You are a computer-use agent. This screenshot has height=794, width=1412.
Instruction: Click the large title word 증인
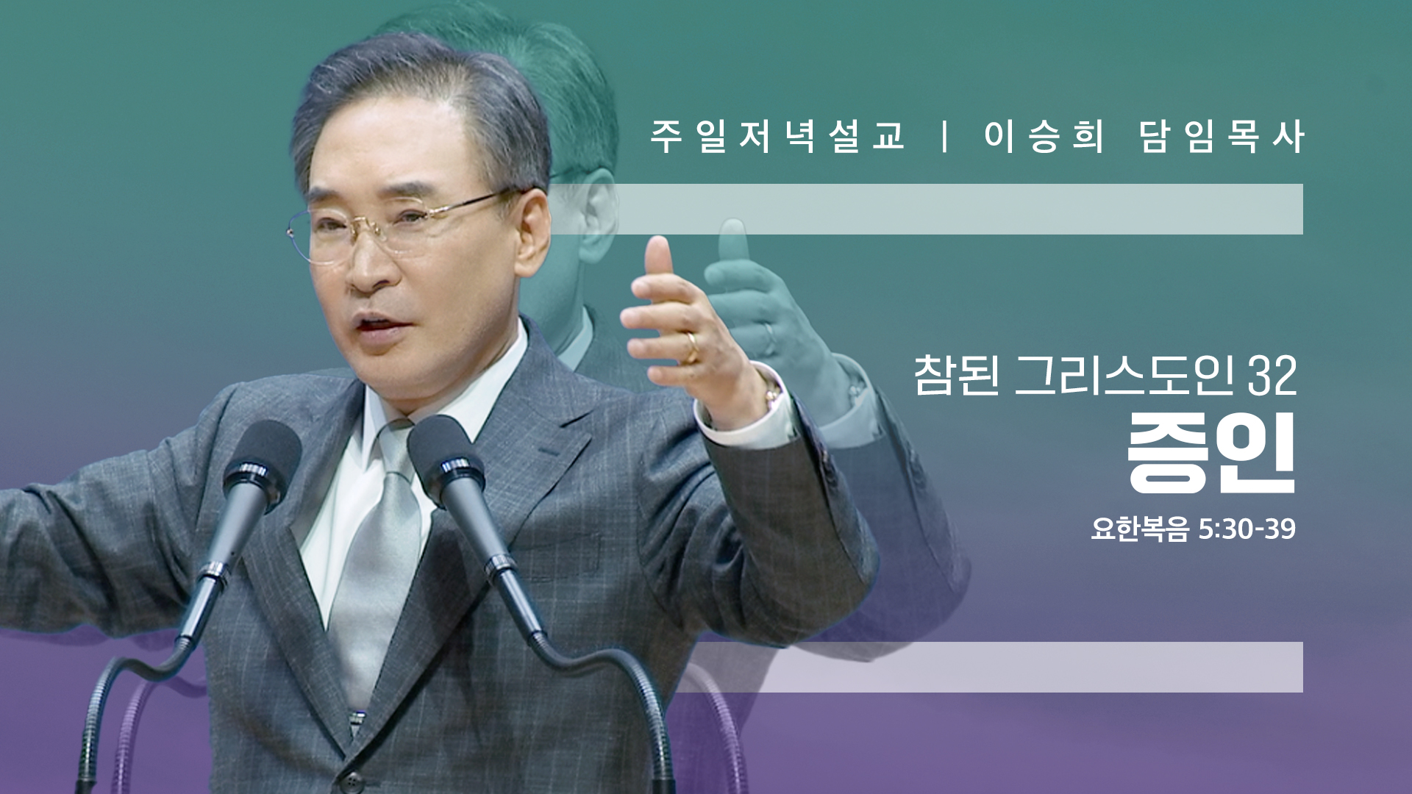click(x=1211, y=453)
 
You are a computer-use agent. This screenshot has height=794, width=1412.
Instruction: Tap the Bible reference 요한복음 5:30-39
click(x=1193, y=529)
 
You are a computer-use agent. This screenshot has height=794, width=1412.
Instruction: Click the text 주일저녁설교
click(x=777, y=136)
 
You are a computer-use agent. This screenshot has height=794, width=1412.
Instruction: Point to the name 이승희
click(x=1044, y=136)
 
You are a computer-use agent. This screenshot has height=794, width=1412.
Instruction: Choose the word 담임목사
click(x=1222, y=136)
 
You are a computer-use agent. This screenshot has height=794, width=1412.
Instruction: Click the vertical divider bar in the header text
click(x=945, y=136)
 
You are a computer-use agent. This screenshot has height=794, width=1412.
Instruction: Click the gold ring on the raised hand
click(x=691, y=348)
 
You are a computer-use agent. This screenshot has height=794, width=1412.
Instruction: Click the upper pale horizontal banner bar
click(x=926, y=209)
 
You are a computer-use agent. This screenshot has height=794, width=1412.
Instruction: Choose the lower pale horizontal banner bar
click(x=989, y=667)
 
